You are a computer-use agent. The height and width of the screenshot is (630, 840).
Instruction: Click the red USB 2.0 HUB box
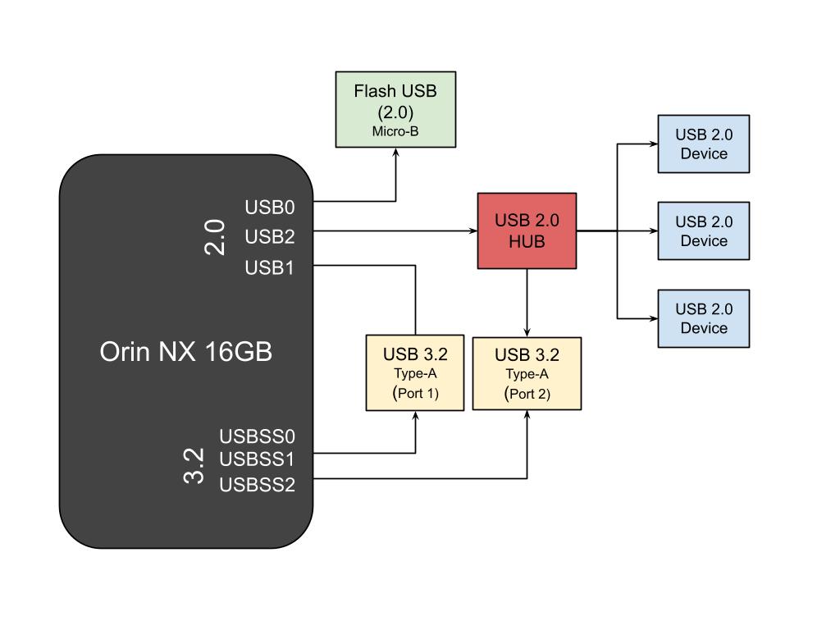coord(527,231)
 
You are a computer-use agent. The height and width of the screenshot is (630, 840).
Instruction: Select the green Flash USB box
coord(395,109)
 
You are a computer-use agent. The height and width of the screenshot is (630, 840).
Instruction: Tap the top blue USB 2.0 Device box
coord(703,144)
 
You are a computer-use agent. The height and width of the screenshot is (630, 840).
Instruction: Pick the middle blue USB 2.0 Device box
coord(703,231)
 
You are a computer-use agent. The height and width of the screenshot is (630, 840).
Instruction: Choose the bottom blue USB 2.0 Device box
coord(703,318)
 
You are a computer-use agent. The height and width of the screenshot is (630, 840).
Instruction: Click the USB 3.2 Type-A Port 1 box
coord(415,372)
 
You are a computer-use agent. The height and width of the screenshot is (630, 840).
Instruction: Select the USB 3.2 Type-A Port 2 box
coord(527,372)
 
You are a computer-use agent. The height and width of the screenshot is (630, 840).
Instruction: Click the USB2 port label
coord(269,236)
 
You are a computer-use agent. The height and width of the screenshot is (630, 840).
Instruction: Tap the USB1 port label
coord(269,267)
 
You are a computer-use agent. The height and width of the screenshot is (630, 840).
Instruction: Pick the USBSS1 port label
coord(257,459)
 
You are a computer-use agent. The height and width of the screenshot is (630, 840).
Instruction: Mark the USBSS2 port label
coord(257,485)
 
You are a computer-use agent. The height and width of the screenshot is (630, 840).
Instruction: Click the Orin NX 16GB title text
coord(185,352)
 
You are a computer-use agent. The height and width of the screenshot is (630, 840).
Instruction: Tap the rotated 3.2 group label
coord(194,465)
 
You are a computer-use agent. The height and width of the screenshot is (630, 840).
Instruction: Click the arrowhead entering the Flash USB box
coord(396,153)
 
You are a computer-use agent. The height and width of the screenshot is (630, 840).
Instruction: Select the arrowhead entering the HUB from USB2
coord(472,231)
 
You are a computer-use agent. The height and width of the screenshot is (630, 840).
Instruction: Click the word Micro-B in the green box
coord(395,131)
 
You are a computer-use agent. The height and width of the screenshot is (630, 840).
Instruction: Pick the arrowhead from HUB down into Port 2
coord(527,331)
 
